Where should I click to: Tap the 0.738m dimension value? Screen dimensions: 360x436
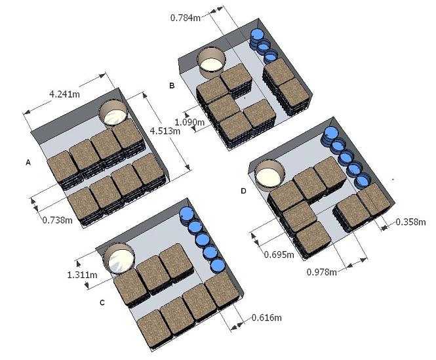(x=57, y=220)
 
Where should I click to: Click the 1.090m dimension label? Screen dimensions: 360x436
(x=189, y=121)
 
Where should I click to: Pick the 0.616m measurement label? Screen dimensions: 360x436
(x=267, y=318)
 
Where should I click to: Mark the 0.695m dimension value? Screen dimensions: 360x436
(x=279, y=252)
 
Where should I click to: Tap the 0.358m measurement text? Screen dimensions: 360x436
(x=410, y=222)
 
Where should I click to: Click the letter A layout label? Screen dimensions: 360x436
(x=28, y=161)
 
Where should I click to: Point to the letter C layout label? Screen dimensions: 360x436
(x=102, y=302)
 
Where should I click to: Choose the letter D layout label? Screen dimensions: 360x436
(x=244, y=191)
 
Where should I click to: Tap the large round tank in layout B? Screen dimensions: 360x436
(x=212, y=62)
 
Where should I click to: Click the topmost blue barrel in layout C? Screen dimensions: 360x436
(x=187, y=214)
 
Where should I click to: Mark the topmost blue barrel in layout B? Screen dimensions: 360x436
(x=258, y=35)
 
